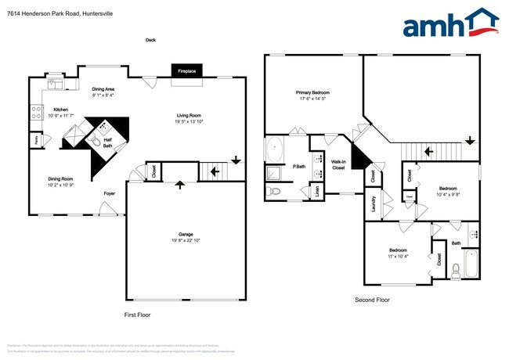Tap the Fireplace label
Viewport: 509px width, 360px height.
[x=186, y=71]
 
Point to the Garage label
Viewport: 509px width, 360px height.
[x=186, y=234]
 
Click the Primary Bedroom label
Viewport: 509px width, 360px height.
[x=312, y=92]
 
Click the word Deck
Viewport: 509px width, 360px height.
[x=150, y=40]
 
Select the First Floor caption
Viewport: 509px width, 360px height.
[x=138, y=315]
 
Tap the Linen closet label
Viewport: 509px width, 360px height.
[x=316, y=190]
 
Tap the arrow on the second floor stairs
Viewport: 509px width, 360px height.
[x=470, y=140]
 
